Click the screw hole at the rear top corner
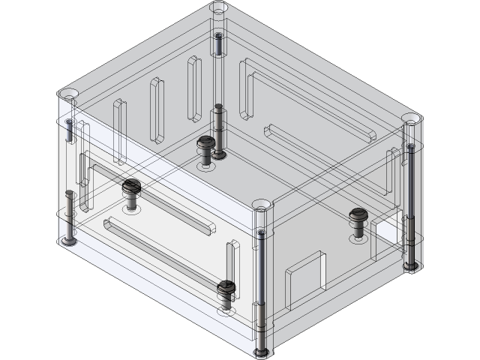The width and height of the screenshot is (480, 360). click(218, 7)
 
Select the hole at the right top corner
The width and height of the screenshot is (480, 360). click(409, 119)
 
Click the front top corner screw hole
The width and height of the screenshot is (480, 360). click(261, 204)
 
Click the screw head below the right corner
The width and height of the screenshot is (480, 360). click(409, 265)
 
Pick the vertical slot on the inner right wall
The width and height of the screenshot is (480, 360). click(391, 169)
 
